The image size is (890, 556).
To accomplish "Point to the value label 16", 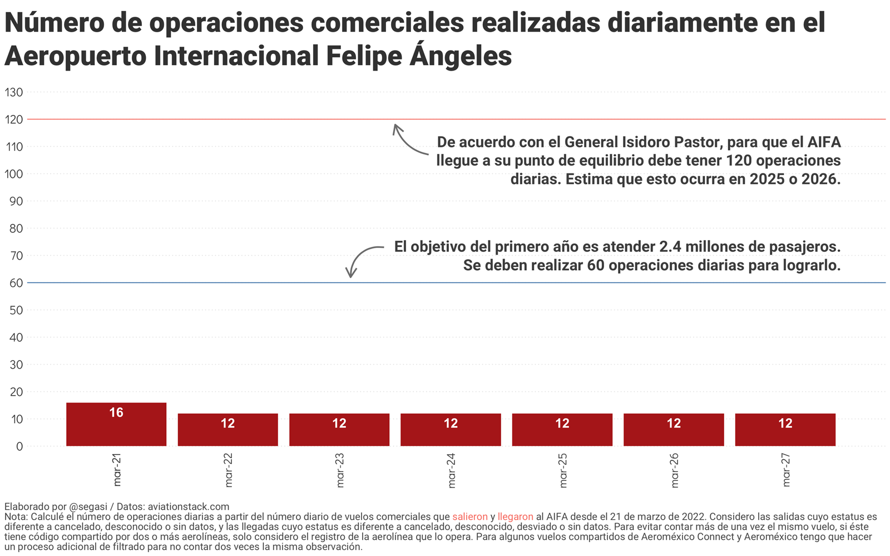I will click(x=116, y=413).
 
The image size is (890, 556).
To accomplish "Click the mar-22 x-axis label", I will click(x=228, y=470).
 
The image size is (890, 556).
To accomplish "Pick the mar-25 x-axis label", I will click(x=562, y=470).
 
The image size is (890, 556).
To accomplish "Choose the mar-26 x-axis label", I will click(x=674, y=470).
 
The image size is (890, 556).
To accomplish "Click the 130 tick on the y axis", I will click(x=14, y=92).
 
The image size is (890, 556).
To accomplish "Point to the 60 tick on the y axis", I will click(x=16, y=283).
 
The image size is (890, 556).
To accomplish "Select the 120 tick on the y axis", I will click(x=14, y=120).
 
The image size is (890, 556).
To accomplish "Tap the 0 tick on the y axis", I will click(x=19, y=446).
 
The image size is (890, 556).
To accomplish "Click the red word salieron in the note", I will click(x=469, y=517).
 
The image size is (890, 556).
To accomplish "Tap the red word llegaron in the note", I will click(x=515, y=517).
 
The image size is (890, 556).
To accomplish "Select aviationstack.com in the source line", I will click(x=189, y=507).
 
